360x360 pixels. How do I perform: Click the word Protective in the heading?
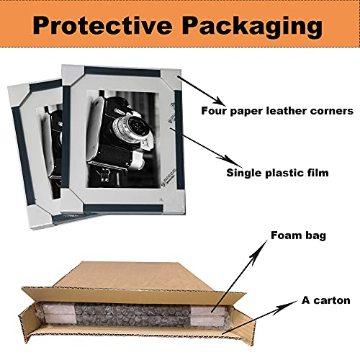102,25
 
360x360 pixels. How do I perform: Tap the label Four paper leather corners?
277,111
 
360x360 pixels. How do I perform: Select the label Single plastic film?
277,173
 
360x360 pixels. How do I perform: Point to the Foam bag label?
298,235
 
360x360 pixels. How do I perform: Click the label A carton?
326,300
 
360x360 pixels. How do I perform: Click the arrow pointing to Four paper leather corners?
202,91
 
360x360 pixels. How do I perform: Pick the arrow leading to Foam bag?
240,276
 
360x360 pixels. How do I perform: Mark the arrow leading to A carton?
261,317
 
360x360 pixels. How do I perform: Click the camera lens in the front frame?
134,126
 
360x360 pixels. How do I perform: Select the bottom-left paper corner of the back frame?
40,217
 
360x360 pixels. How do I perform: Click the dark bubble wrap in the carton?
133,315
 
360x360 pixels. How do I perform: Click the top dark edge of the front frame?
122,72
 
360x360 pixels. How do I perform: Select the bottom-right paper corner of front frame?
174,202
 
